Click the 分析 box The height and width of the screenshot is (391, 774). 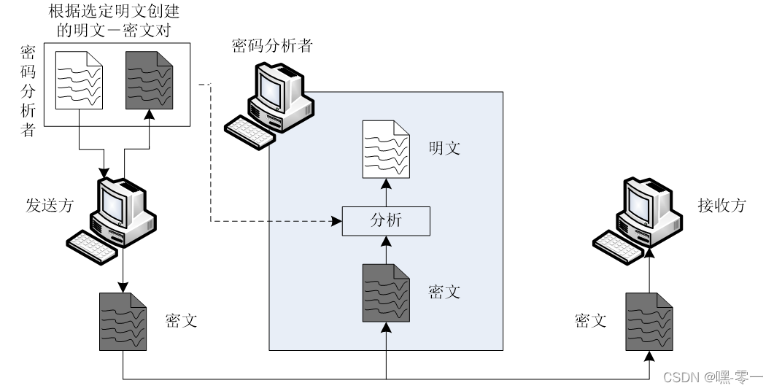point(386,221)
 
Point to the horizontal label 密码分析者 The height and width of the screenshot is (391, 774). point(272,46)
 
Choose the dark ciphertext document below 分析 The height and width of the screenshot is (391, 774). point(385,293)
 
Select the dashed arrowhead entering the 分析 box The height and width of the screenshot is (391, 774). point(337,221)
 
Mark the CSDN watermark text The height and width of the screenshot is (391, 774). point(712,376)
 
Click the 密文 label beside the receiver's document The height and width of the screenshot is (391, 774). point(590,320)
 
